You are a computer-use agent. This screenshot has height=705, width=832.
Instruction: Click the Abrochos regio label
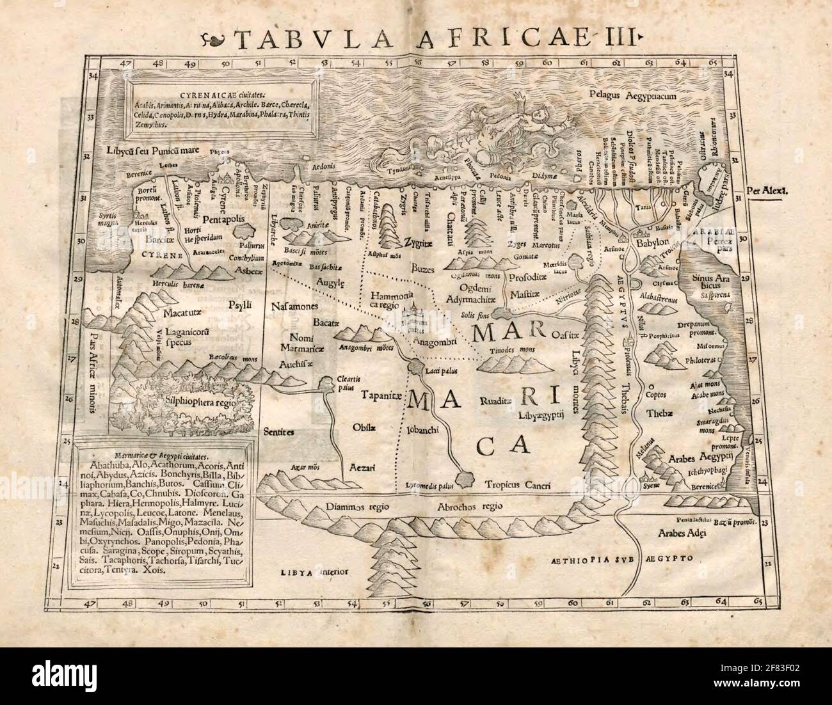[469, 506]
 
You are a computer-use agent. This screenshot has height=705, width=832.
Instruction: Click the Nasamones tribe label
[295, 306]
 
